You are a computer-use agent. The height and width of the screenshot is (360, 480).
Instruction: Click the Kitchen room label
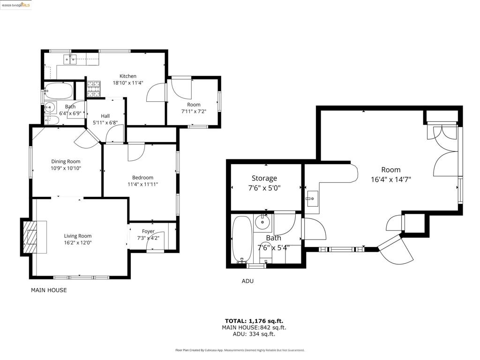point(128,76)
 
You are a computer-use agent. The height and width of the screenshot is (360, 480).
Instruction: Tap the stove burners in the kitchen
point(94,89)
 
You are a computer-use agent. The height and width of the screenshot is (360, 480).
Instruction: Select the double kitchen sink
point(70,59)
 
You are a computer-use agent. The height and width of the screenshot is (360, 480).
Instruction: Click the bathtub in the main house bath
point(59,90)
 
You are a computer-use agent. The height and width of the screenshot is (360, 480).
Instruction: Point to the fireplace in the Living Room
point(30,236)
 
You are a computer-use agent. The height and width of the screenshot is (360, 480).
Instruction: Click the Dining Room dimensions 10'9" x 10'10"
point(66,168)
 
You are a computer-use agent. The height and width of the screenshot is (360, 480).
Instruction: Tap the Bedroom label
point(142,178)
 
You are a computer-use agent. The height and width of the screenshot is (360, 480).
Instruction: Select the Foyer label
point(148,232)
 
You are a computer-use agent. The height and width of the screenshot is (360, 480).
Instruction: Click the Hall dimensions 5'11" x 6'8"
point(105,123)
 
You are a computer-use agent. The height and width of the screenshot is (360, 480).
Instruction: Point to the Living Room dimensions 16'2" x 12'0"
point(78,243)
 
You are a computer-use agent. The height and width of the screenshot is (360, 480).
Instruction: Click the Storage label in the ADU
point(264,178)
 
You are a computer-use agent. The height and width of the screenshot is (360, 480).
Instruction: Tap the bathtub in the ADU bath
point(242,240)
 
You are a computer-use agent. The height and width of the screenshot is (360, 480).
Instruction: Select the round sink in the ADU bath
point(262,222)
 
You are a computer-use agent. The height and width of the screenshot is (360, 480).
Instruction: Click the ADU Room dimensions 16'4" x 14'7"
point(391,180)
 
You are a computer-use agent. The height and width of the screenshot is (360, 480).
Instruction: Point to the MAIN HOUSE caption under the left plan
point(49,290)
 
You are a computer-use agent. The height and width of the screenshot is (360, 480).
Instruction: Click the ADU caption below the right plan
point(247,281)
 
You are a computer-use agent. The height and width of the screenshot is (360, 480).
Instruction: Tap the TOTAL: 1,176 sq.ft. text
point(254,321)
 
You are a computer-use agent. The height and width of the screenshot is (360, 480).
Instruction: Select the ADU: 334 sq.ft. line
point(254,334)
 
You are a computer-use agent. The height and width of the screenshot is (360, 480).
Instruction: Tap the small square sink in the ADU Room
point(313,198)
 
